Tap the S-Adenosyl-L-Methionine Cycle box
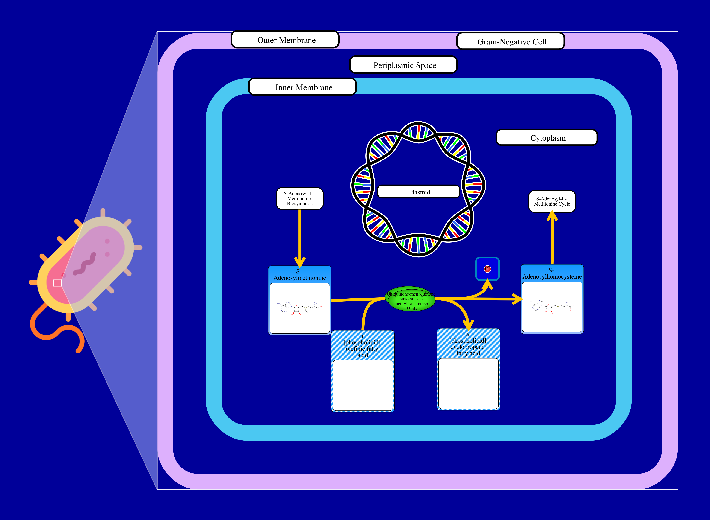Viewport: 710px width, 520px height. click(x=552, y=201)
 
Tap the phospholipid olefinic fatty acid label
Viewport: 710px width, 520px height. click(x=362, y=346)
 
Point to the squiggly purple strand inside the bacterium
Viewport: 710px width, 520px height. click(x=84, y=264)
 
